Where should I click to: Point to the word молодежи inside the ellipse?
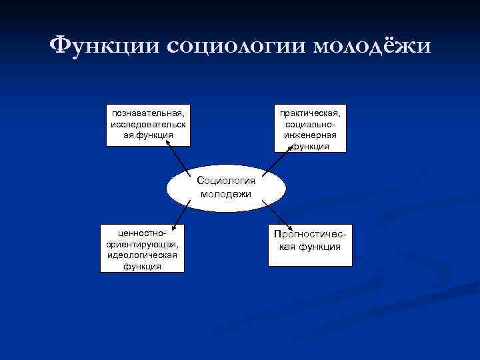(x=225, y=194)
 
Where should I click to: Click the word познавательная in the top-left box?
(x=149, y=113)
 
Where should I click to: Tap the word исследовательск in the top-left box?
(x=149, y=123)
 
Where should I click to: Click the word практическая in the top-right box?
(x=310, y=114)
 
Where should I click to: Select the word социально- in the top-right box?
(x=310, y=125)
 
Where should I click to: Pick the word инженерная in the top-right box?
(x=310, y=135)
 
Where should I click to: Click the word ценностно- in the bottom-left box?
(x=142, y=234)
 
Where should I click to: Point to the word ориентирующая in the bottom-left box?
(x=142, y=245)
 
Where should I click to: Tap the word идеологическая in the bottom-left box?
(x=142, y=255)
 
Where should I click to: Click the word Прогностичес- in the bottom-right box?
(x=310, y=235)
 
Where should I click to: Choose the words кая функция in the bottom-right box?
(x=310, y=247)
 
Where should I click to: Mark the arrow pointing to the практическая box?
(x=279, y=158)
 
